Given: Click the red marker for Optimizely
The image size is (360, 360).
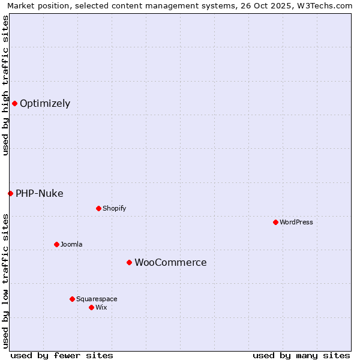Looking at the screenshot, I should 14,103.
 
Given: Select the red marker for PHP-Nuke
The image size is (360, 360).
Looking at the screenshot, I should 10,193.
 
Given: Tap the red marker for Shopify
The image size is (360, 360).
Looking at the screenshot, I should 98,208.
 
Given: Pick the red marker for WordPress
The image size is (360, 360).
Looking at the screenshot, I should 275,222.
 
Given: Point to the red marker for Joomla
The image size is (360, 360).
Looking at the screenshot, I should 56,244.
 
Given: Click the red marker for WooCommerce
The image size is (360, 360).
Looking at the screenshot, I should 129,262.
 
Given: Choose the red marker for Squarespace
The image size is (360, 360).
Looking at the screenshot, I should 72,299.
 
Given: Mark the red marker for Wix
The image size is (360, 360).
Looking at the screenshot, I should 91,307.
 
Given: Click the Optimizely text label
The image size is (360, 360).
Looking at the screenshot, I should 45,103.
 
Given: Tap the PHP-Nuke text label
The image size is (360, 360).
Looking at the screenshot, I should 40,193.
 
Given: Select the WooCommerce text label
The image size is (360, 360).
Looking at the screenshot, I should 170,262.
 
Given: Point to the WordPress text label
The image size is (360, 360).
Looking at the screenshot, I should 296,222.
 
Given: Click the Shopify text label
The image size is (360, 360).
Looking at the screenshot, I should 114,208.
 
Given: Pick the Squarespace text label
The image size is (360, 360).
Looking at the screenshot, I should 97,299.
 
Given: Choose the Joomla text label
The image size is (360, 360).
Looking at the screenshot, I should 71,244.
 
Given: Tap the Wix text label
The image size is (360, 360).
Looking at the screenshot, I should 101,307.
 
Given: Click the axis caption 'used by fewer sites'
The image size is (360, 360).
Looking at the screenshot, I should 62,355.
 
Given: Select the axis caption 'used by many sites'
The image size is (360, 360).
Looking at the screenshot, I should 301,355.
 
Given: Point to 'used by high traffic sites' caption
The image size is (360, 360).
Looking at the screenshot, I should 6,85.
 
